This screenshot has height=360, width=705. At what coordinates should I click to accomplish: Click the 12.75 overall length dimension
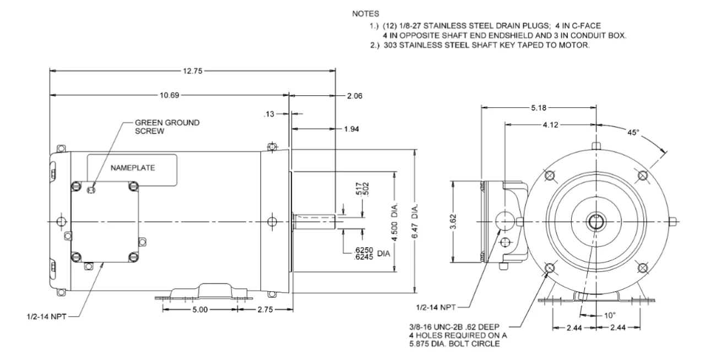pos(193,70)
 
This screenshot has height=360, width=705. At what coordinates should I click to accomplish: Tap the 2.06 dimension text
pos(354,95)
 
